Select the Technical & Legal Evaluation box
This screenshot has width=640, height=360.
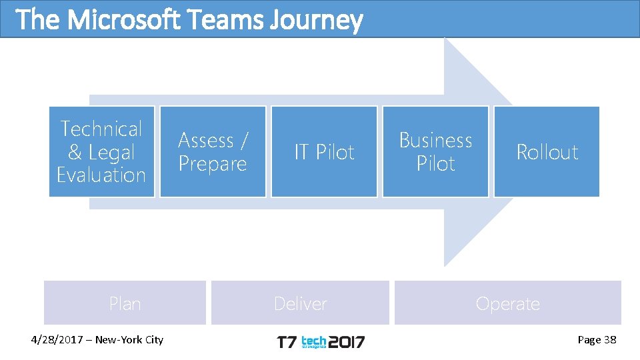101,151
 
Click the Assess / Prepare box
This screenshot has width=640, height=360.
213,151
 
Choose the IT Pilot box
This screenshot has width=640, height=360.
324,151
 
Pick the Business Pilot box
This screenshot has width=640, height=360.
435,151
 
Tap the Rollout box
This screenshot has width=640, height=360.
547,151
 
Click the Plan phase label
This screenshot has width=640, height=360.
125,303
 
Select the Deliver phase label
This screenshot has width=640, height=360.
300,303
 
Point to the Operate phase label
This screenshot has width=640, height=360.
507,303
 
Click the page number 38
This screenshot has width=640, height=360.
609,340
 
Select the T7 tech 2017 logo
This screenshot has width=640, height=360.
321,342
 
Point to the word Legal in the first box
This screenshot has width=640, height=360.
111,152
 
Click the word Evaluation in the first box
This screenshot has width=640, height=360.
101,175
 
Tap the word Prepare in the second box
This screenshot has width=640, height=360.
213,163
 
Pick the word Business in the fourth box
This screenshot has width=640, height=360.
435,140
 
